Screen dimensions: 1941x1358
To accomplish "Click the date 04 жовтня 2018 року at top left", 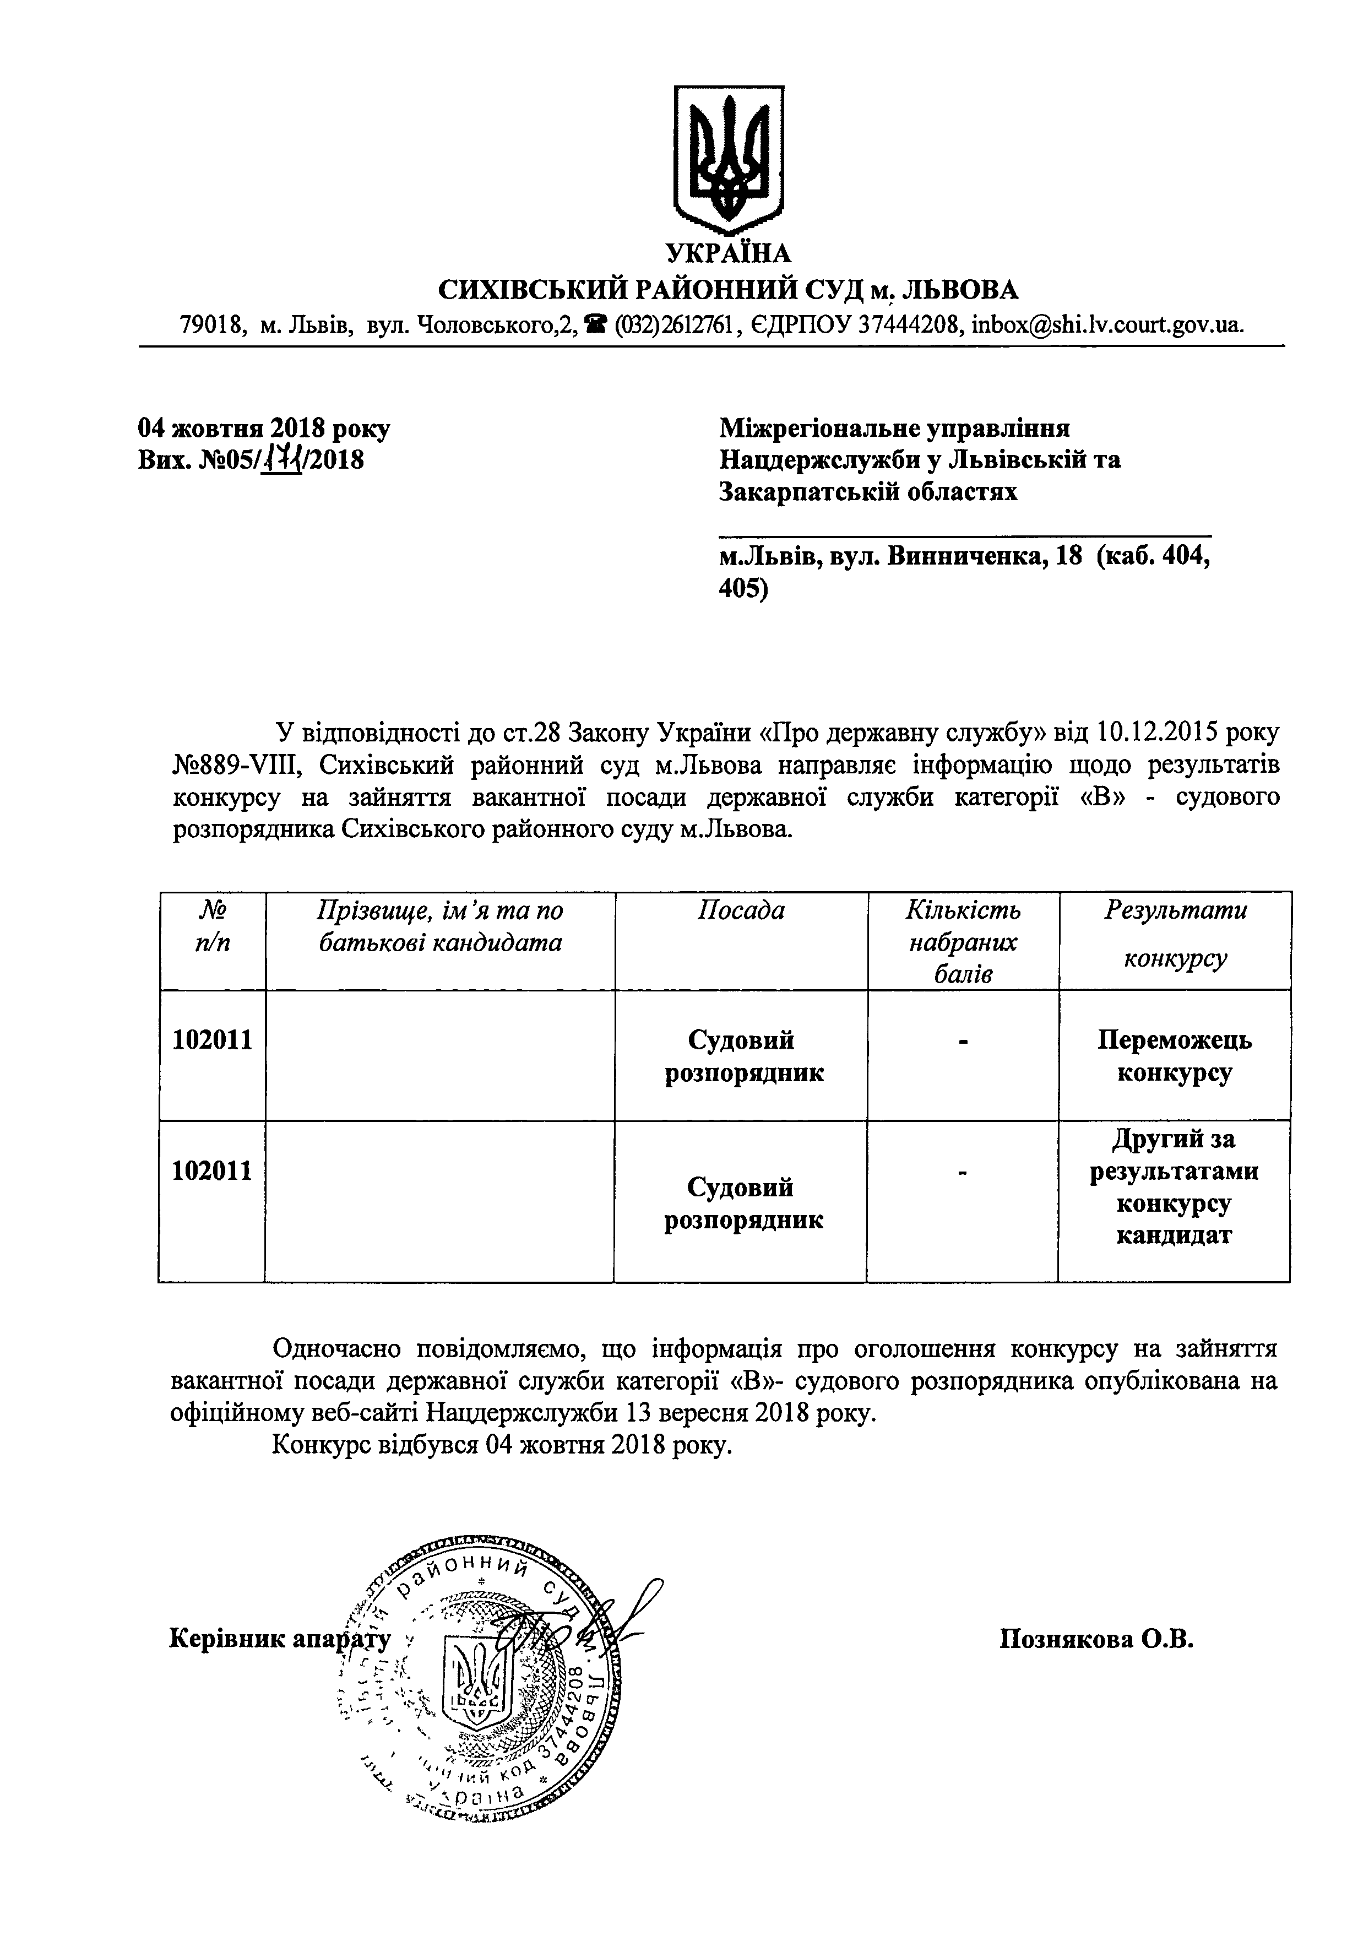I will pyautogui.click(x=264, y=429).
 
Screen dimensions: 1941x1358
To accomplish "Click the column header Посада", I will pyautogui.click(x=740, y=910).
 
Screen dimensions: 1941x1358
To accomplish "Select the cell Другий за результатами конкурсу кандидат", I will pyautogui.click(x=1174, y=1187).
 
